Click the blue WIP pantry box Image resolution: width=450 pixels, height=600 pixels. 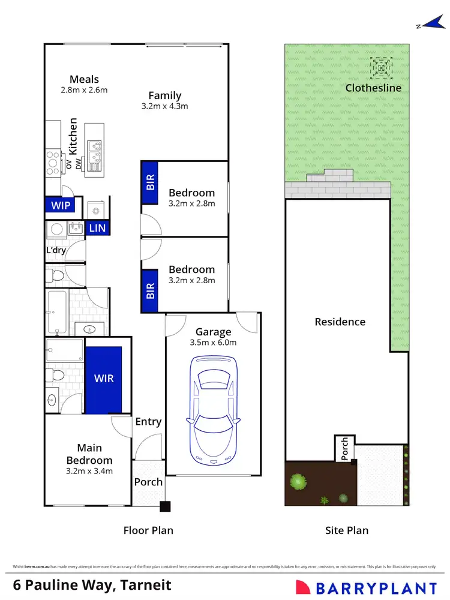[x=61, y=205]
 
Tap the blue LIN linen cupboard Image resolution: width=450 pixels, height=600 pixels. [x=97, y=228]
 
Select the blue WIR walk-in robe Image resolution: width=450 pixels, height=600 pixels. [x=104, y=379]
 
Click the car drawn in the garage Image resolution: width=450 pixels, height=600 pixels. [x=213, y=409]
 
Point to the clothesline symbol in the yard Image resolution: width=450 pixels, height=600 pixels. [x=380, y=68]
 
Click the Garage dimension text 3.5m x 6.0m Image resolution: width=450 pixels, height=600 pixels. [x=213, y=343]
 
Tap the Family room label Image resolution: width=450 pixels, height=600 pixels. [x=165, y=95]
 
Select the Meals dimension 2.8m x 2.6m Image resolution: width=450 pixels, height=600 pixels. [x=84, y=91]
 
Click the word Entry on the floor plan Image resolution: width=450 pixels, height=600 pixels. [x=148, y=422]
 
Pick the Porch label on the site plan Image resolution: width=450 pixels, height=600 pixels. [x=345, y=448]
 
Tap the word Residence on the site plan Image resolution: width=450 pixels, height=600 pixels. [x=340, y=322]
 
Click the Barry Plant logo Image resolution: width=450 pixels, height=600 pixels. [x=366, y=586]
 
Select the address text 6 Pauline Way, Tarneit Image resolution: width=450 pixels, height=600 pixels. [x=92, y=585]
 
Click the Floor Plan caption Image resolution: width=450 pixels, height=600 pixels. [x=148, y=530]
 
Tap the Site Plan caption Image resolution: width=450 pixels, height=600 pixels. [x=346, y=530]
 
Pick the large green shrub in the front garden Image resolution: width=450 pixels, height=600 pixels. [x=298, y=481]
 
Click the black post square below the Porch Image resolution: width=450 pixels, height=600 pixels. [x=165, y=506]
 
